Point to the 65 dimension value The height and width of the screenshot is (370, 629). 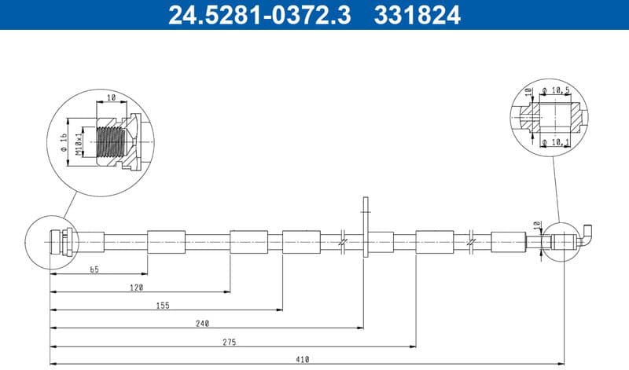[x=94, y=269]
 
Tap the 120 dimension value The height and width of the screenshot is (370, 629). [x=137, y=288]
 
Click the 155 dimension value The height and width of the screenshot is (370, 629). [x=163, y=306]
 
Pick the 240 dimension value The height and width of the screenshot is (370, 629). [x=202, y=324]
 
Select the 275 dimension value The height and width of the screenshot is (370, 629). [x=229, y=342]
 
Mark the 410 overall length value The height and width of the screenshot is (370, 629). [x=303, y=360]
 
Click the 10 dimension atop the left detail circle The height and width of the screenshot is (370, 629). [x=111, y=97]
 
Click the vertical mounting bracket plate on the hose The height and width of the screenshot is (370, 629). [x=364, y=228]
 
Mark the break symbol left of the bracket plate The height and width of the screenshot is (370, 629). [x=343, y=242]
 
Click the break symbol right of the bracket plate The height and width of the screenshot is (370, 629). [x=470, y=242]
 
